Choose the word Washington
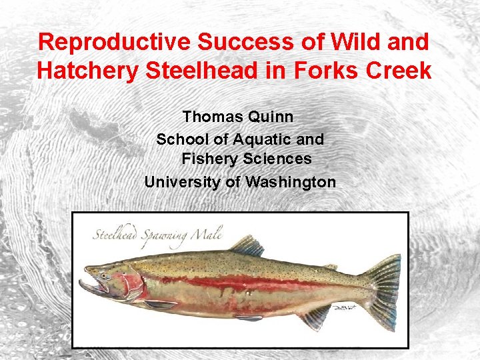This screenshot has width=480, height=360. point(291,181)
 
